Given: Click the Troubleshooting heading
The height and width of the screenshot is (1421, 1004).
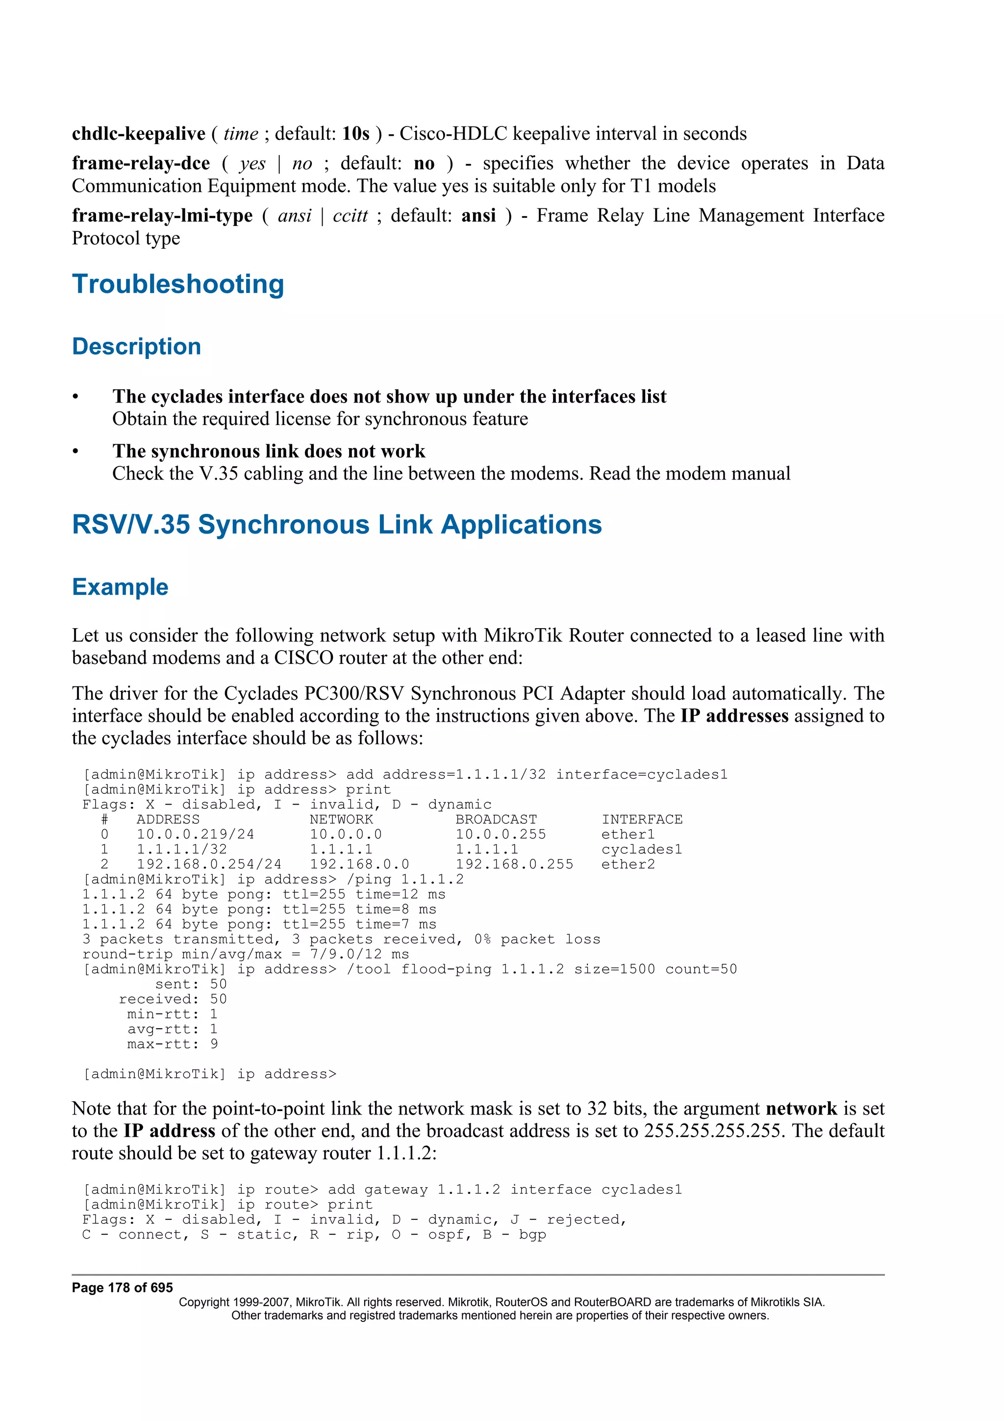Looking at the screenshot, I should click(x=178, y=284).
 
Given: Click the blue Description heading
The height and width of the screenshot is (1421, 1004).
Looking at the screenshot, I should click(x=137, y=347).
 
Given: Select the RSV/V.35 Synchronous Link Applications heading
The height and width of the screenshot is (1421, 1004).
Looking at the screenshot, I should click(x=336, y=525).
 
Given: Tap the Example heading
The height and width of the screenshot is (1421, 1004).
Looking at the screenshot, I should click(x=120, y=587).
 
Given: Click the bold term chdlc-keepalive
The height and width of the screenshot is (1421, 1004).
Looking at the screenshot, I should click(x=139, y=134).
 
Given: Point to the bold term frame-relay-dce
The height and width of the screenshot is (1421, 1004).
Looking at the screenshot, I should click(x=141, y=163).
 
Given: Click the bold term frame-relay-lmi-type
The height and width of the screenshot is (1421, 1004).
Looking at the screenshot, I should click(x=162, y=215).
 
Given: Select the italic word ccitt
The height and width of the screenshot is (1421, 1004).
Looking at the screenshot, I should click(x=350, y=215).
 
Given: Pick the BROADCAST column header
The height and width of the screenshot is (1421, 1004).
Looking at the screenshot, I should click(x=496, y=819).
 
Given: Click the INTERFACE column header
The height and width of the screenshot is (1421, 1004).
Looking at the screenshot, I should click(x=642, y=819).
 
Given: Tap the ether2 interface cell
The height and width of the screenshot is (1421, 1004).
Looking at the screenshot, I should click(x=627, y=864).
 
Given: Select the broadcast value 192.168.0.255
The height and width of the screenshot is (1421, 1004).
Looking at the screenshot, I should click(x=514, y=864).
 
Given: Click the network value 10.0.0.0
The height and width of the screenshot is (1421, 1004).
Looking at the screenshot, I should click(x=346, y=834).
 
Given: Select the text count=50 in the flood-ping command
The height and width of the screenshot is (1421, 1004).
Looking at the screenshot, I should click(x=701, y=969).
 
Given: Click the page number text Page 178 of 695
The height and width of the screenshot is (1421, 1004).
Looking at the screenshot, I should click(x=123, y=1288).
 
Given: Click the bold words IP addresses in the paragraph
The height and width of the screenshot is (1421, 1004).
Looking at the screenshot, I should click(x=734, y=716).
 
